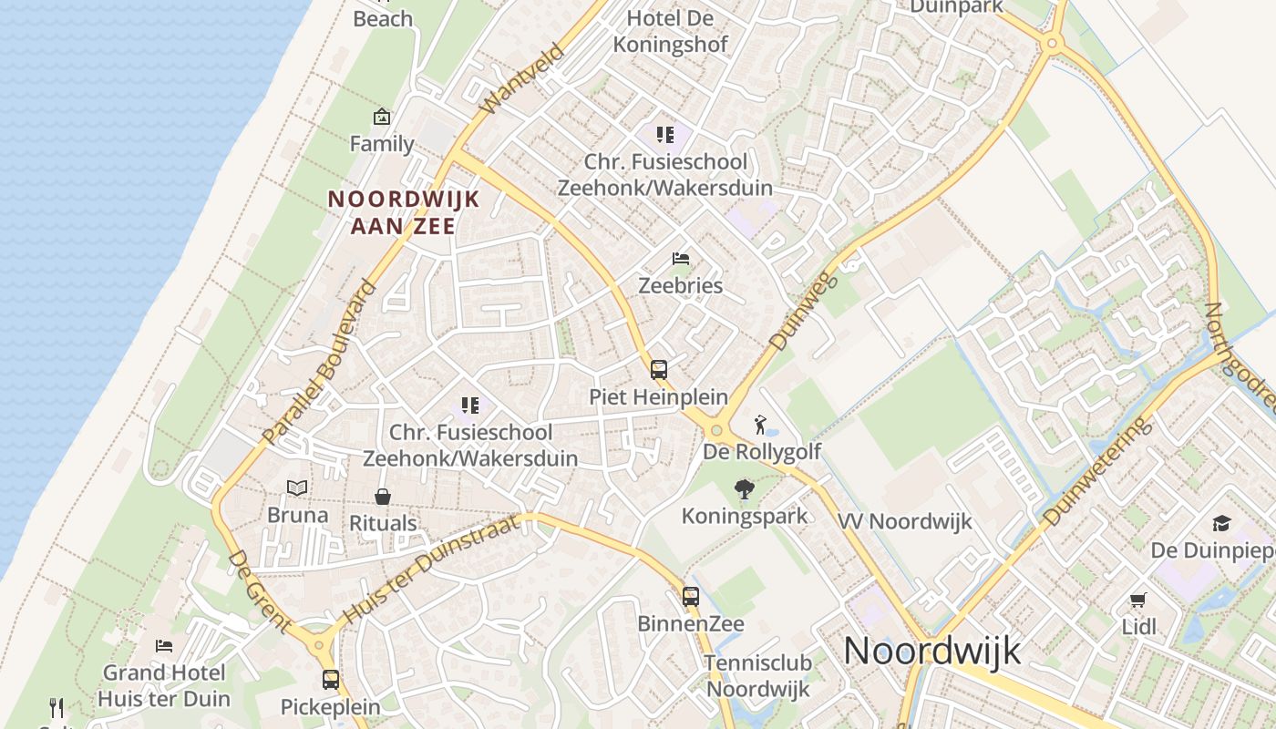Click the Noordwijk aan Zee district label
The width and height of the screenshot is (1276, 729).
(x=403, y=212)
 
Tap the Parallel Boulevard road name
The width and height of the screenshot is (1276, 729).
(x=319, y=362)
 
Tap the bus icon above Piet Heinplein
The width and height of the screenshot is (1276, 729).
(x=659, y=370)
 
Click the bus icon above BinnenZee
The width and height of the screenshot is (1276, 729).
(x=691, y=597)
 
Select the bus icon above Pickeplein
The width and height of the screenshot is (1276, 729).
(x=330, y=680)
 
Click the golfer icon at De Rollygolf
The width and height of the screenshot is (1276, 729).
(x=760, y=424)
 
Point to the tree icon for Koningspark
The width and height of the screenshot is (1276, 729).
(x=745, y=489)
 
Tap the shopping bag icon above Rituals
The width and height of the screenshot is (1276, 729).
(x=383, y=497)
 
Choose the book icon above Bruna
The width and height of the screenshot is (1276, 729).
(x=297, y=488)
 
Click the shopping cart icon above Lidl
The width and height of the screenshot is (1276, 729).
(x=1137, y=600)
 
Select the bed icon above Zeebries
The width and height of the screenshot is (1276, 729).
(x=680, y=259)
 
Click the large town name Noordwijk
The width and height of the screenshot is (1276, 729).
(x=931, y=651)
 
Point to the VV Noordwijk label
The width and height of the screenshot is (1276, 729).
(x=905, y=522)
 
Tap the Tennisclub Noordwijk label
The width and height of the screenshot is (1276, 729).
(x=757, y=675)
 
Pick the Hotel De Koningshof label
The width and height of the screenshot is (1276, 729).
(x=670, y=31)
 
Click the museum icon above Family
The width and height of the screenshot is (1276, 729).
(x=382, y=117)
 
